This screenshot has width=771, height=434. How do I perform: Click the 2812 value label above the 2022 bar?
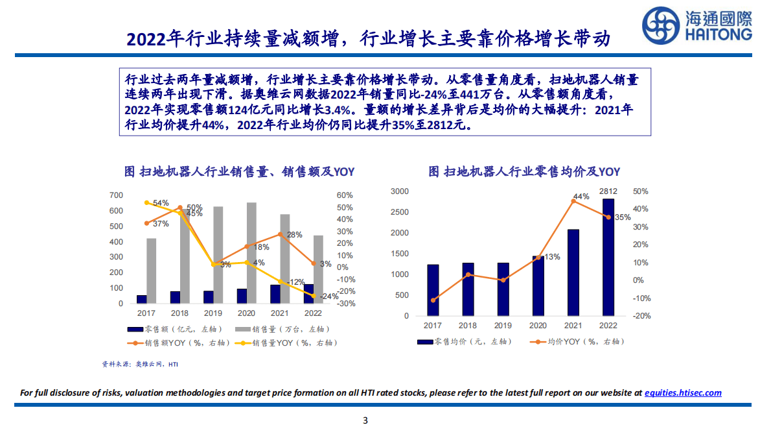(x=608, y=191)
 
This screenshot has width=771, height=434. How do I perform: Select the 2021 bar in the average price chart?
(x=573, y=272)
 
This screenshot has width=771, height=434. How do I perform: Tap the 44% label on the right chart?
(x=581, y=197)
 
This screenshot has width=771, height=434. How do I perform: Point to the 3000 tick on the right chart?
(x=400, y=191)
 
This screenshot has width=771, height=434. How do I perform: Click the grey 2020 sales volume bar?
(x=251, y=253)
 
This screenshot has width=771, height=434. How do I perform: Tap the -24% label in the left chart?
(x=328, y=296)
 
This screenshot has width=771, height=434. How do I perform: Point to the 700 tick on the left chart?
(x=116, y=195)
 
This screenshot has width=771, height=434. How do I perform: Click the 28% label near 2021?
(x=295, y=235)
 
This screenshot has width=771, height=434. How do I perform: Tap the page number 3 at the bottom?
(x=365, y=420)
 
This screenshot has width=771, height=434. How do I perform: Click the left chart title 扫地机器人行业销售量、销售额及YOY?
(x=239, y=172)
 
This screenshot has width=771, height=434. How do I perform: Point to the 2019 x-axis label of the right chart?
(x=503, y=326)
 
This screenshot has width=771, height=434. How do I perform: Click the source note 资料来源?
(x=140, y=365)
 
